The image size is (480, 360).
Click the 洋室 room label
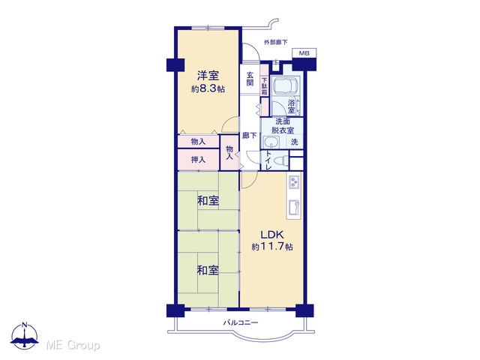pyautogui.click(x=208, y=75)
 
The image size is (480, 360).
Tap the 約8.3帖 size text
pyautogui.click(x=208, y=89)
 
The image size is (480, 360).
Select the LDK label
pyautogui.click(x=272, y=235)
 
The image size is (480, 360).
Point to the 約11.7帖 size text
pyautogui.click(x=272, y=247)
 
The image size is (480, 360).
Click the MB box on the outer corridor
pyautogui.click(x=304, y=53)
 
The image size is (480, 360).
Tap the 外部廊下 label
pyautogui.click(x=276, y=43)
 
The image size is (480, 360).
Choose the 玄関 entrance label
pyautogui.click(x=250, y=79)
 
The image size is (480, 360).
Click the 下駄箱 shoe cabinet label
pyautogui.click(x=264, y=86)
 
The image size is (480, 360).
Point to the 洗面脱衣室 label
pyautogui.click(x=282, y=126)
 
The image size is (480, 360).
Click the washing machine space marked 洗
pyautogui.click(x=295, y=142)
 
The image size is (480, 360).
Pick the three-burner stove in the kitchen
pyautogui.click(x=294, y=182)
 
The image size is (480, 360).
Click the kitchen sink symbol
pyautogui.click(x=294, y=207)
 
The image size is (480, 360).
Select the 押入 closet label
pyautogui.click(x=198, y=160)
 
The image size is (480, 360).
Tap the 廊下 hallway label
pyautogui.click(x=250, y=135)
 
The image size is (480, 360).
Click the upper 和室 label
pyautogui.click(x=208, y=201)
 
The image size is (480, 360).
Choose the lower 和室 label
pyautogui.click(x=208, y=271)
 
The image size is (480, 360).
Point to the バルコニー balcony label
pyautogui.click(x=241, y=322)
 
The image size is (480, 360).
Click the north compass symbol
pyautogui.click(x=25, y=335)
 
